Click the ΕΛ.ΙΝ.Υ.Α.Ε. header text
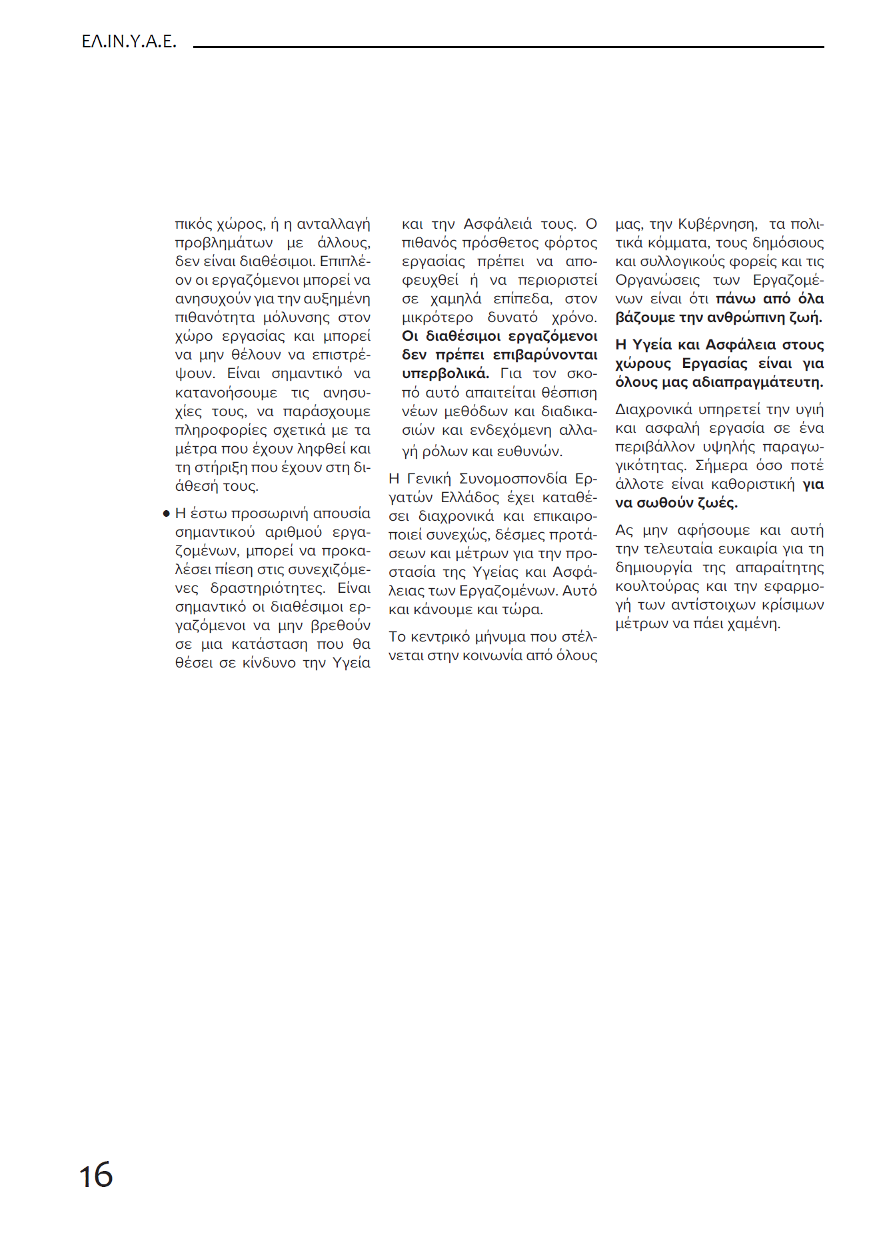tap(129, 42)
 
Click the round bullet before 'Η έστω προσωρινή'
tap(166, 514)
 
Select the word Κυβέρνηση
tap(717, 224)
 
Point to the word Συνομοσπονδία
tap(513, 479)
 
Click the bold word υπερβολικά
tap(445, 373)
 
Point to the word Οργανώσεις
tap(657, 280)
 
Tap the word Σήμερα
tap(722, 465)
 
